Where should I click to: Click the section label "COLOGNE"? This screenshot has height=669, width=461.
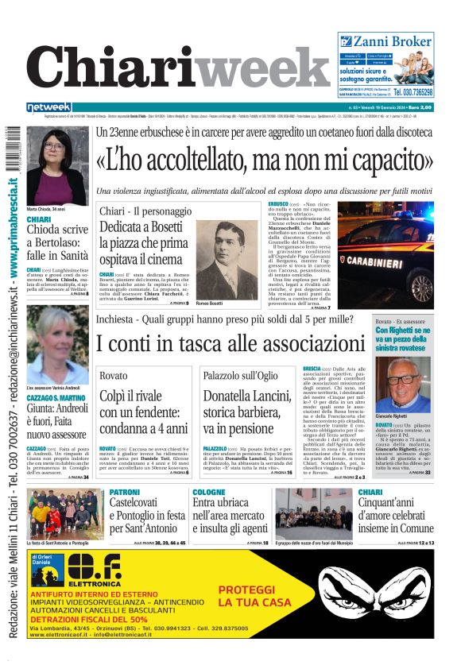[209, 493]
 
